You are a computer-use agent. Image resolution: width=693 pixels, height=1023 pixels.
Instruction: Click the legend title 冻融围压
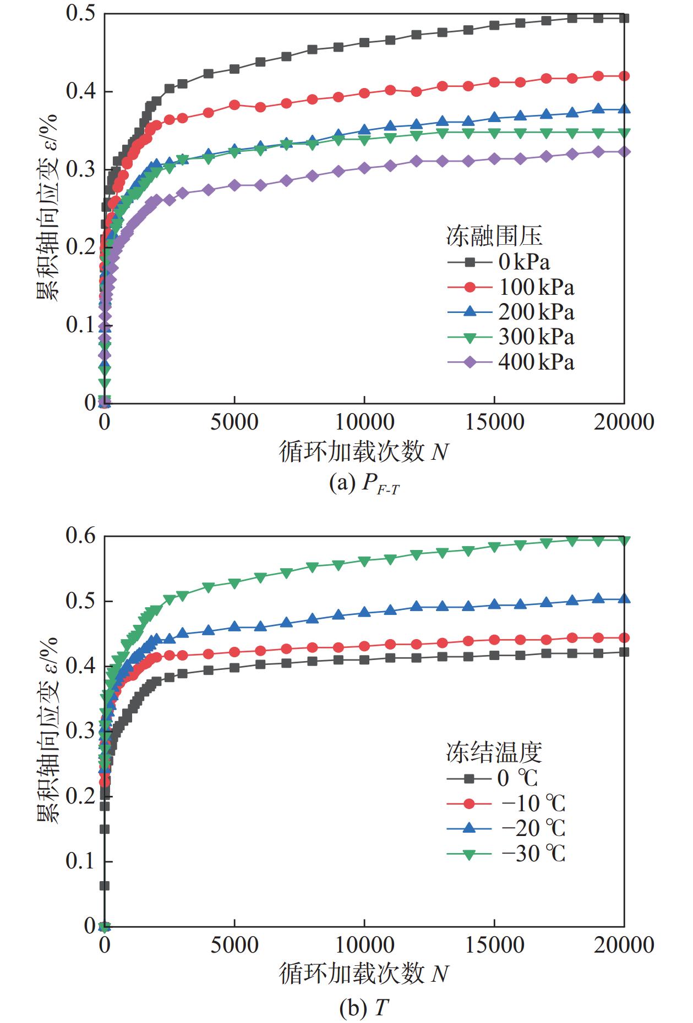click(x=494, y=236)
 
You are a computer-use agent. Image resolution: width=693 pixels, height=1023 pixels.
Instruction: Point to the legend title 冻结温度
click(x=494, y=752)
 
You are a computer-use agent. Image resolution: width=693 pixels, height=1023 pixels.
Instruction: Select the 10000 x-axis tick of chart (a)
click(x=364, y=422)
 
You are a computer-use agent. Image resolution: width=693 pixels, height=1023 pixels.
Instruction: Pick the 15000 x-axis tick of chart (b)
click(x=494, y=945)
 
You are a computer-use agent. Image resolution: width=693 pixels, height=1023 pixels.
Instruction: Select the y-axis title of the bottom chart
click(x=48, y=730)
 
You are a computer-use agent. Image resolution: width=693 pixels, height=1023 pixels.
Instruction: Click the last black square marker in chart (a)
click(x=624, y=18)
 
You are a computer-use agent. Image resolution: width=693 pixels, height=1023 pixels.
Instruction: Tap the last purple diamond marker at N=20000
click(x=624, y=152)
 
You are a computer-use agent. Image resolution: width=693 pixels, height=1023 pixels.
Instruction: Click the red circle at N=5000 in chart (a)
click(x=235, y=105)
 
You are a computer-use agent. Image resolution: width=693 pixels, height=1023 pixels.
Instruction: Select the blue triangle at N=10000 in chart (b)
click(x=364, y=612)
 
